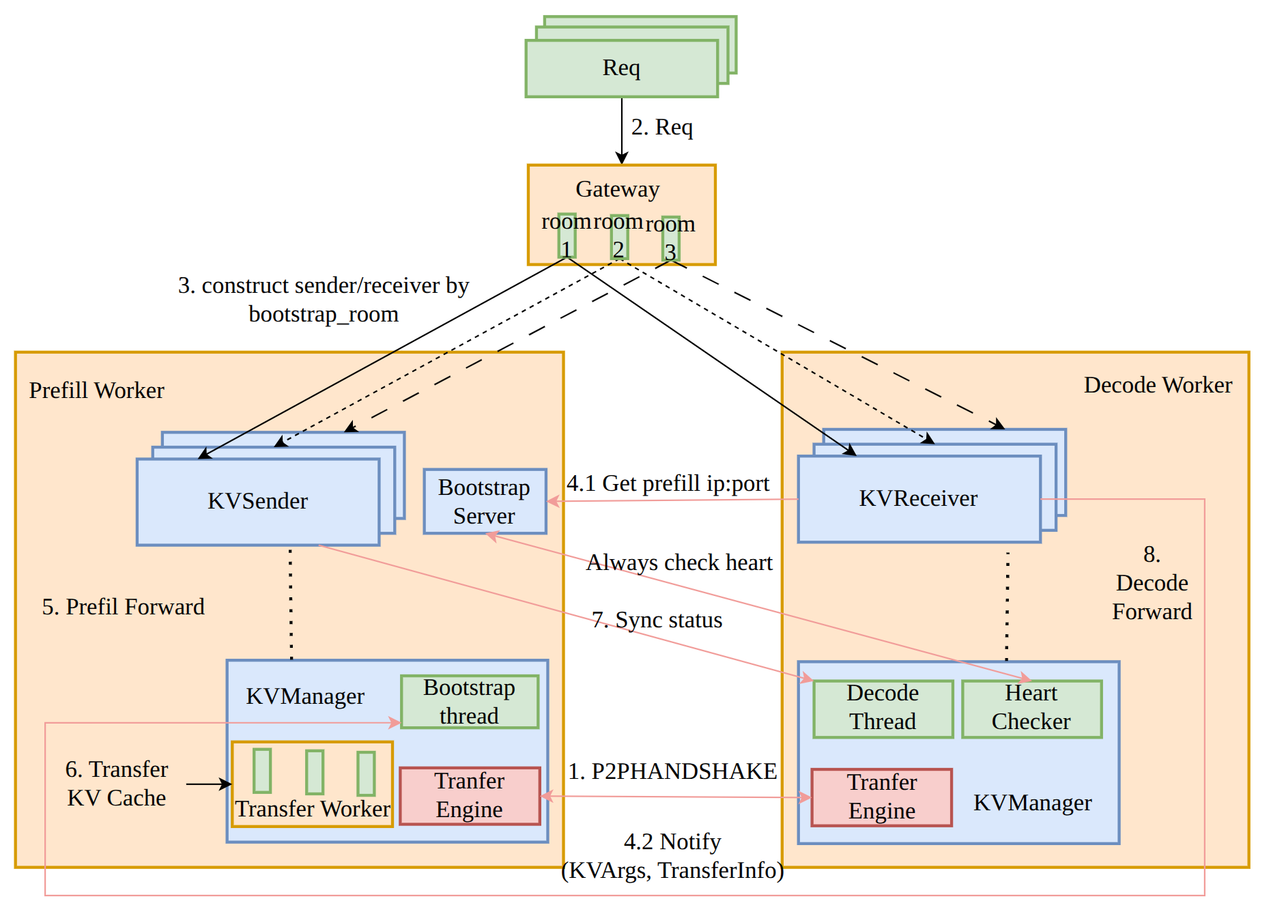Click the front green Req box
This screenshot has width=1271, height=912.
click(621, 68)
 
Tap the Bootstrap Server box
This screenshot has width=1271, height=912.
click(485, 502)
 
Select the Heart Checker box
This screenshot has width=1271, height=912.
click(1031, 709)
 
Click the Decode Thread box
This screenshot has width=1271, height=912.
click(883, 709)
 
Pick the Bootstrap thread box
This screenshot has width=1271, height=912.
click(469, 702)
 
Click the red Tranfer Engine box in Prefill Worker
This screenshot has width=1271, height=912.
click(470, 796)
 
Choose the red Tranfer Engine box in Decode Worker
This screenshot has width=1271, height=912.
click(881, 797)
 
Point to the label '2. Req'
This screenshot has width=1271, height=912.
click(661, 127)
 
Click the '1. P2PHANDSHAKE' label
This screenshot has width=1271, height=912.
click(672, 771)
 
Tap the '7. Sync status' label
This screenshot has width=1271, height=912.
click(657, 620)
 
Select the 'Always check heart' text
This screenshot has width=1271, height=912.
click(679, 562)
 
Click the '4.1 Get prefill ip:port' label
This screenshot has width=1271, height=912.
click(668, 483)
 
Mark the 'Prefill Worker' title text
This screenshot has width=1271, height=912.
click(97, 390)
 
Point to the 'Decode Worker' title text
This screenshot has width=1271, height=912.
click(1158, 385)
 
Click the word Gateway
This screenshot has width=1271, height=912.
click(618, 189)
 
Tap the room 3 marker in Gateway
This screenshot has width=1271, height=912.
click(670, 238)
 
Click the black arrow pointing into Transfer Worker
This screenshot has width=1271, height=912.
click(208, 784)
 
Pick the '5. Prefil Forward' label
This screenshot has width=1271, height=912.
click(124, 607)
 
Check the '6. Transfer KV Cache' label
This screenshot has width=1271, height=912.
click(117, 784)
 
